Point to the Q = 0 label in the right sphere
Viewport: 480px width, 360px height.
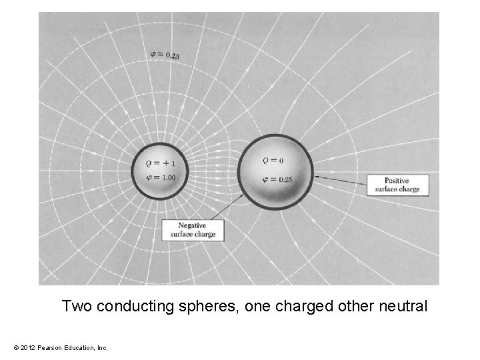pyautogui.click(x=272, y=161)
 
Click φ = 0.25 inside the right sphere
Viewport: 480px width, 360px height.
pyautogui.click(x=278, y=179)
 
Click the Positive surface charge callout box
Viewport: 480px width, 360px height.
pyautogui.click(x=397, y=185)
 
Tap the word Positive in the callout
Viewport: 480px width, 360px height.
pyautogui.click(x=397, y=181)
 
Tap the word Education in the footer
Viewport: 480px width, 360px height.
pyautogui.click(x=77, y=348)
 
